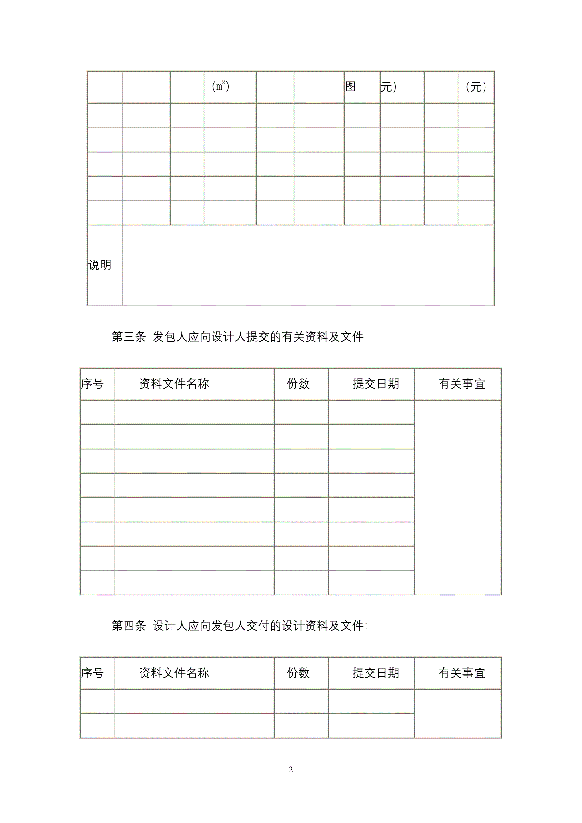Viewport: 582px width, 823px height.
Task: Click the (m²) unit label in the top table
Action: point(220,86)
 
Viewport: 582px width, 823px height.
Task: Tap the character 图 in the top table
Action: point(350,86)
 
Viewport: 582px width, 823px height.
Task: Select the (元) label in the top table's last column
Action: point(476,87)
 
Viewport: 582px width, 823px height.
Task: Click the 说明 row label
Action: point(100,265)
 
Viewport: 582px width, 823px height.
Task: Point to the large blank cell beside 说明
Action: point(308,265)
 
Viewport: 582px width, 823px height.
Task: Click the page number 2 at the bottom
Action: point(291,770)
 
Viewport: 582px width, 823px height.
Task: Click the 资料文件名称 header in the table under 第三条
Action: point(174,384)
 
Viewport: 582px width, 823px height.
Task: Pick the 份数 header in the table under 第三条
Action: point(298,384)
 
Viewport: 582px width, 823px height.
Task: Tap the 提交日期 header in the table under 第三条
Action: point(376,384)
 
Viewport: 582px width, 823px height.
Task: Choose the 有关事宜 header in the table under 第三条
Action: point(462,384)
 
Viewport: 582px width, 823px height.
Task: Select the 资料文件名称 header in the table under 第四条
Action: point(174,673)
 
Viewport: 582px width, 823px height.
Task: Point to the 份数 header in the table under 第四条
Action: point(298,673)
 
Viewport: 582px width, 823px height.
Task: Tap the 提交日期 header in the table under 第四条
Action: point(376,673)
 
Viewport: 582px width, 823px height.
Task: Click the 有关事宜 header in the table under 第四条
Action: point(462,673)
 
